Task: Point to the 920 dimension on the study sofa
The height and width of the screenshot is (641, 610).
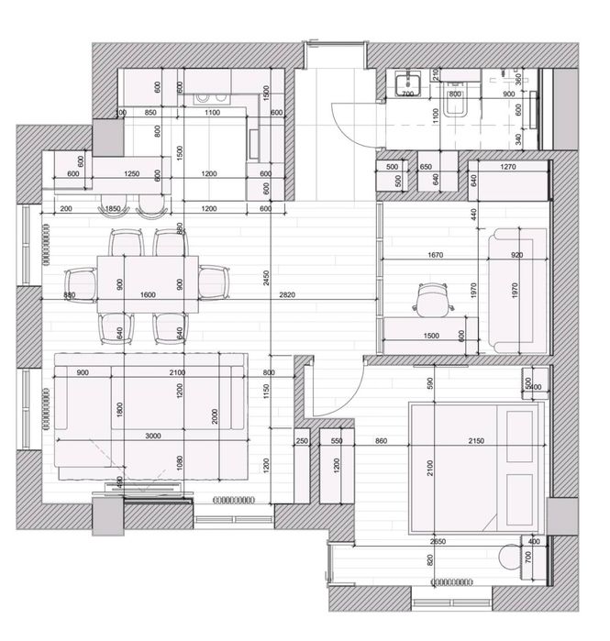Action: pyautogui.click(x=517, y=257)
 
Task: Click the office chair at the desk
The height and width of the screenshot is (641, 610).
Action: pyautogui.click(x=429, y=298)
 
